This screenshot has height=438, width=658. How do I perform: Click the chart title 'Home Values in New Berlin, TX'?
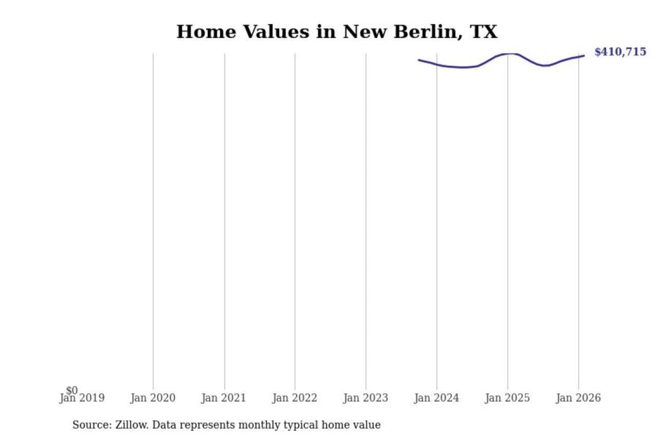337,31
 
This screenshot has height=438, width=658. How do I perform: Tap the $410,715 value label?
620,52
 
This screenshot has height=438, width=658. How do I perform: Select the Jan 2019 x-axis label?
82,398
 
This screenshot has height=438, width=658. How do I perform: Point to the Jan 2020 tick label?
153,398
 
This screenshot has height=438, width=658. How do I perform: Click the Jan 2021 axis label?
223,398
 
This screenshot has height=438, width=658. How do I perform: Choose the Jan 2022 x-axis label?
294,398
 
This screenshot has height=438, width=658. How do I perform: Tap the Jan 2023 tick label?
365,398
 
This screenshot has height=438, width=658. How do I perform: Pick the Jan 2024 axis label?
436,398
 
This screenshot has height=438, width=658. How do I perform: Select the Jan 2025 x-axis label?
507,398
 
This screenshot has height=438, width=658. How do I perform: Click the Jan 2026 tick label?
578,398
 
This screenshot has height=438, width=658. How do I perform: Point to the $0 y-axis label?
72,390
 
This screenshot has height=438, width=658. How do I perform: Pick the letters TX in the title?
483,31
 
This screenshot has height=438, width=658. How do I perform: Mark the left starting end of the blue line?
419,60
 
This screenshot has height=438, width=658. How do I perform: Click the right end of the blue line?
584,56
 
